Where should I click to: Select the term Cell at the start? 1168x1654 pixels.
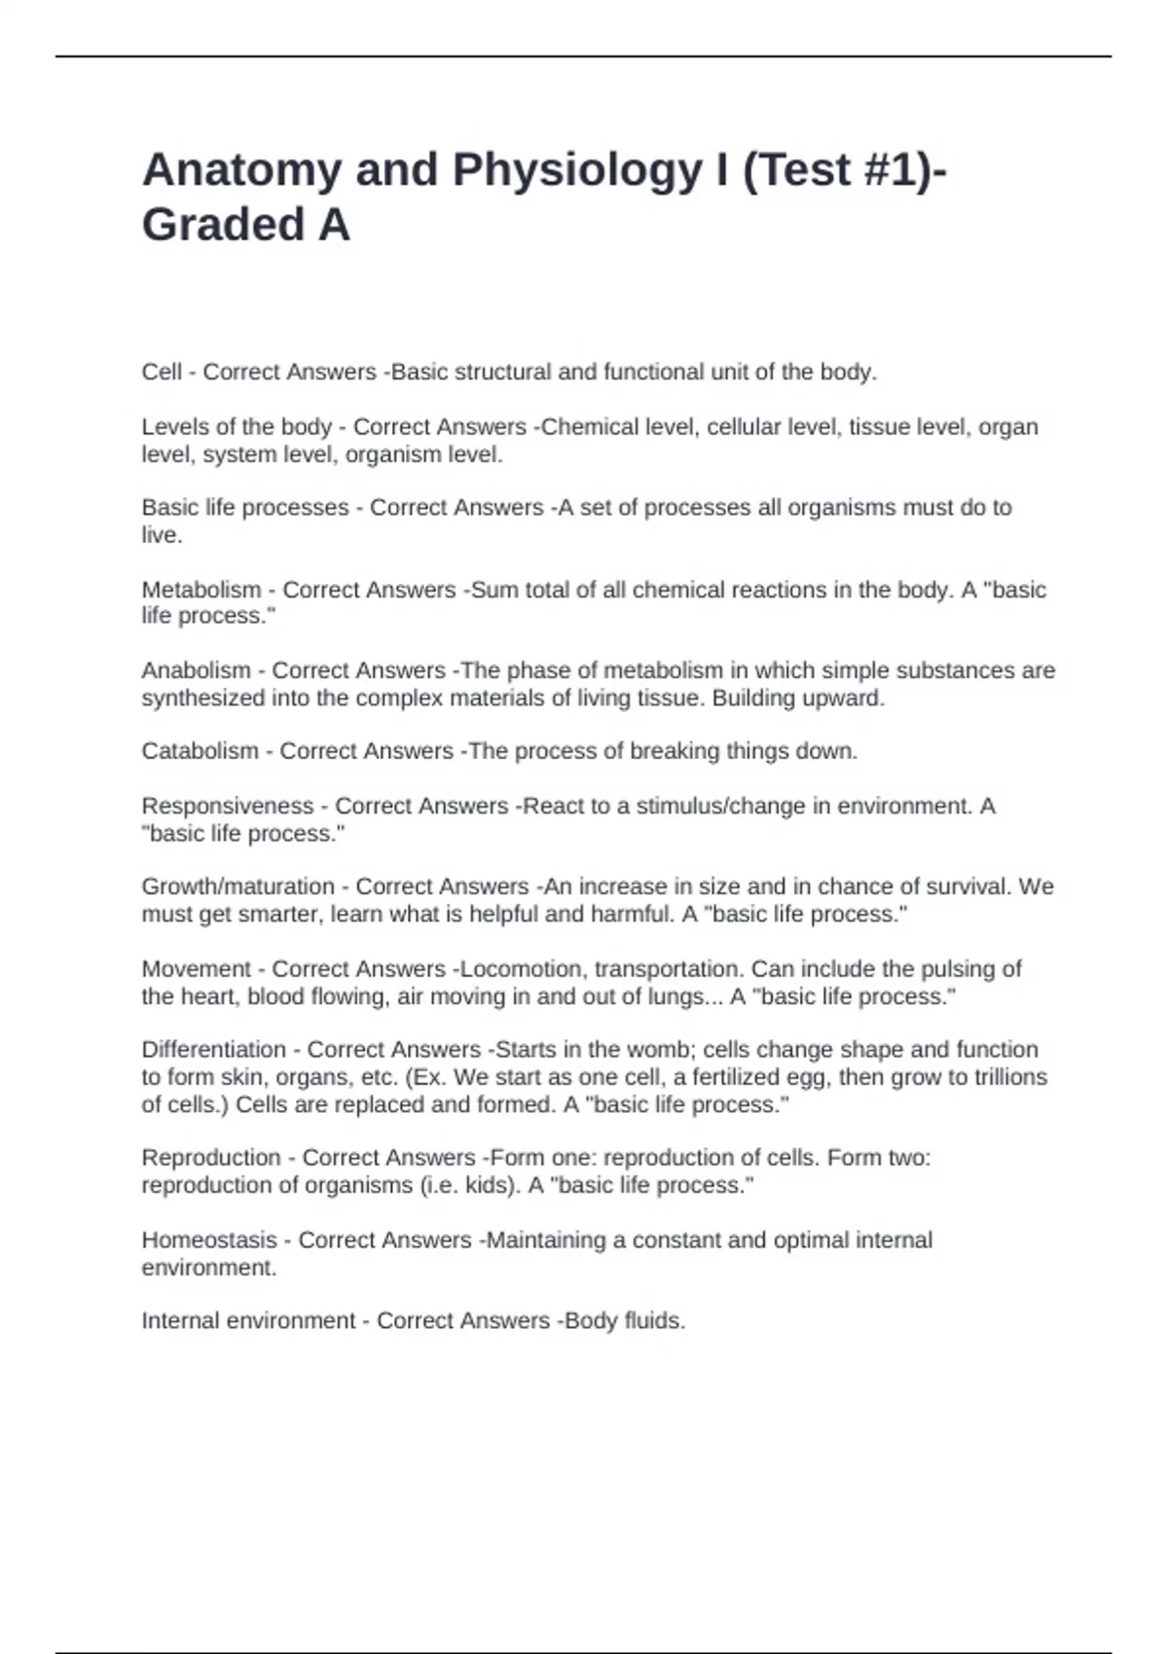coord(162,372)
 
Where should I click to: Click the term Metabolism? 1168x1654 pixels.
coord(201,590)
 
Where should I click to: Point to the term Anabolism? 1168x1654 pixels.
coord(196,670)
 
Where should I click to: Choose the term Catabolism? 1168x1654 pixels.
coord(200,751)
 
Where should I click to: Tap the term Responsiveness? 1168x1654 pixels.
coord(227,806)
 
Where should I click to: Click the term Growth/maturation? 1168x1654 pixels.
coord(237,886)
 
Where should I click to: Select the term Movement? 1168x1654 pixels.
coord(196,969)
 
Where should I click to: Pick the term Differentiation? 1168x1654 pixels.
coord(213,1050)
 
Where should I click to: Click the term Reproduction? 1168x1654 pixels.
coord(210,1158)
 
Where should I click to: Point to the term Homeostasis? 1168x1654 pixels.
coord(209,1240)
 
